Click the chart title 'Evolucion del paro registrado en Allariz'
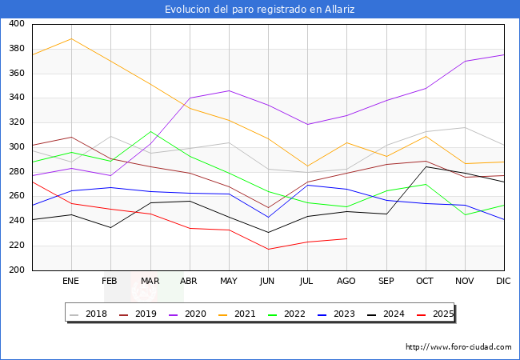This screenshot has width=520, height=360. click(x=260, y=10)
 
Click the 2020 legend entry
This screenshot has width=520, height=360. click(x=194, y=314)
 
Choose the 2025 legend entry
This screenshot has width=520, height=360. click(x=441, y=314)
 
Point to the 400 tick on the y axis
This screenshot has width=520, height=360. click(x=17, y=24)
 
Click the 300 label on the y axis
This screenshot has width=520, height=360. click(x=17, y=147)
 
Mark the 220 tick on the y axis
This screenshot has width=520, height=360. click(x=17, y=246)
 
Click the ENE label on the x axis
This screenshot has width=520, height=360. click(x=71, y=282)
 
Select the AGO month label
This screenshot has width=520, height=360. click(x=346, y=282)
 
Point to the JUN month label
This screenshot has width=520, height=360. click(x=268, y=282)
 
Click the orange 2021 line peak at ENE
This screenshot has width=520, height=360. click(x=71, y=38)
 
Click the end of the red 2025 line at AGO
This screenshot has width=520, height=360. click(x=346, y=238)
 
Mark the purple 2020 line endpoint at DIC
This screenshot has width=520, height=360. click(x=504, y=54)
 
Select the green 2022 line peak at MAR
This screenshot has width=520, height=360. click(x=150, y=132)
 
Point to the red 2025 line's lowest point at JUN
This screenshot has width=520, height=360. click(x=268, y=249)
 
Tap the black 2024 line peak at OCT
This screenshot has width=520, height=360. click(x=426, y=166)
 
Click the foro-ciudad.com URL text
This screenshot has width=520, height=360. click(x=458, y=347)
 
